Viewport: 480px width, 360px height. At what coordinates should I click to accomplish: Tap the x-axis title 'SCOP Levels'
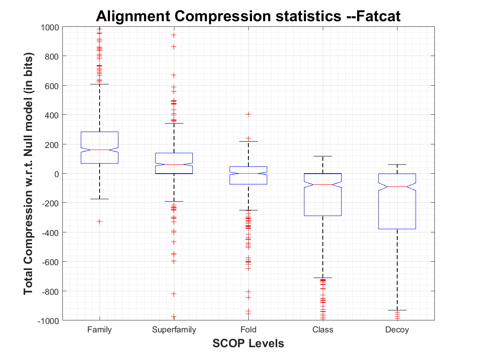[x=248, y=343]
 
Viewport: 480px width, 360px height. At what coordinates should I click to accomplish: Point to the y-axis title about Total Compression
[x=29, y=174]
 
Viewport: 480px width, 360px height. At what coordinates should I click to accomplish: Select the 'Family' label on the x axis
[x=100, y=330]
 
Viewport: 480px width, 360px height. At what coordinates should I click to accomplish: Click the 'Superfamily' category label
[x=174, y=330]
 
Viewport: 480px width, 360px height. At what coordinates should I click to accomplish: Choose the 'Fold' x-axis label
[x=248, y=330]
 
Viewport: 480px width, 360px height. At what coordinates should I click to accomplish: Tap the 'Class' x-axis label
[x=323, y=330]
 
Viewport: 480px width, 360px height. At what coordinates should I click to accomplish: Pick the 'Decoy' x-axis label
[x=397, y=330]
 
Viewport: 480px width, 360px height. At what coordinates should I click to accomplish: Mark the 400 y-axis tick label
[x=52, y=115]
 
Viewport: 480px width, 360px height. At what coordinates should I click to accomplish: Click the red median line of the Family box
[x=100, y=150]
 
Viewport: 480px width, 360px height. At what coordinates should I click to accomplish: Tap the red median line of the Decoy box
[x=397, y=186]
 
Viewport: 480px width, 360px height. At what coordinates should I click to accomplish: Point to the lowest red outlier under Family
[x=100, y=221]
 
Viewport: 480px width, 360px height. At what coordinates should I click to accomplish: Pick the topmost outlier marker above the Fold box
[x=248, y=114]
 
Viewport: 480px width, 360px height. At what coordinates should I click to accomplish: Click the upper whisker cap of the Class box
[x=323, y=156]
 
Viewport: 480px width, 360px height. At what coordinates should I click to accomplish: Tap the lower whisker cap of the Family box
[x=100, y=199]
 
